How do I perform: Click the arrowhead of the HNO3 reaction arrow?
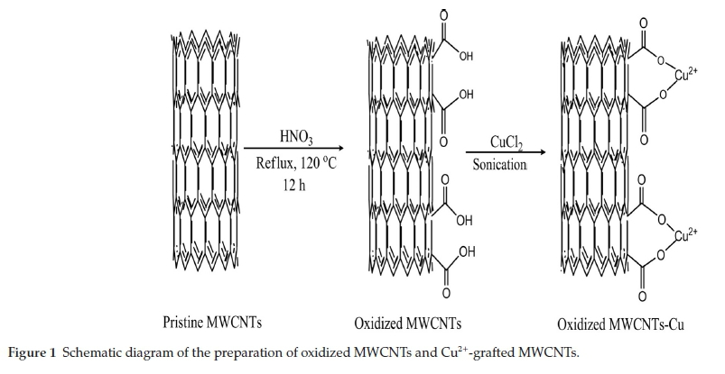(340, 150)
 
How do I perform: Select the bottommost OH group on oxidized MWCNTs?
(467, 251)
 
